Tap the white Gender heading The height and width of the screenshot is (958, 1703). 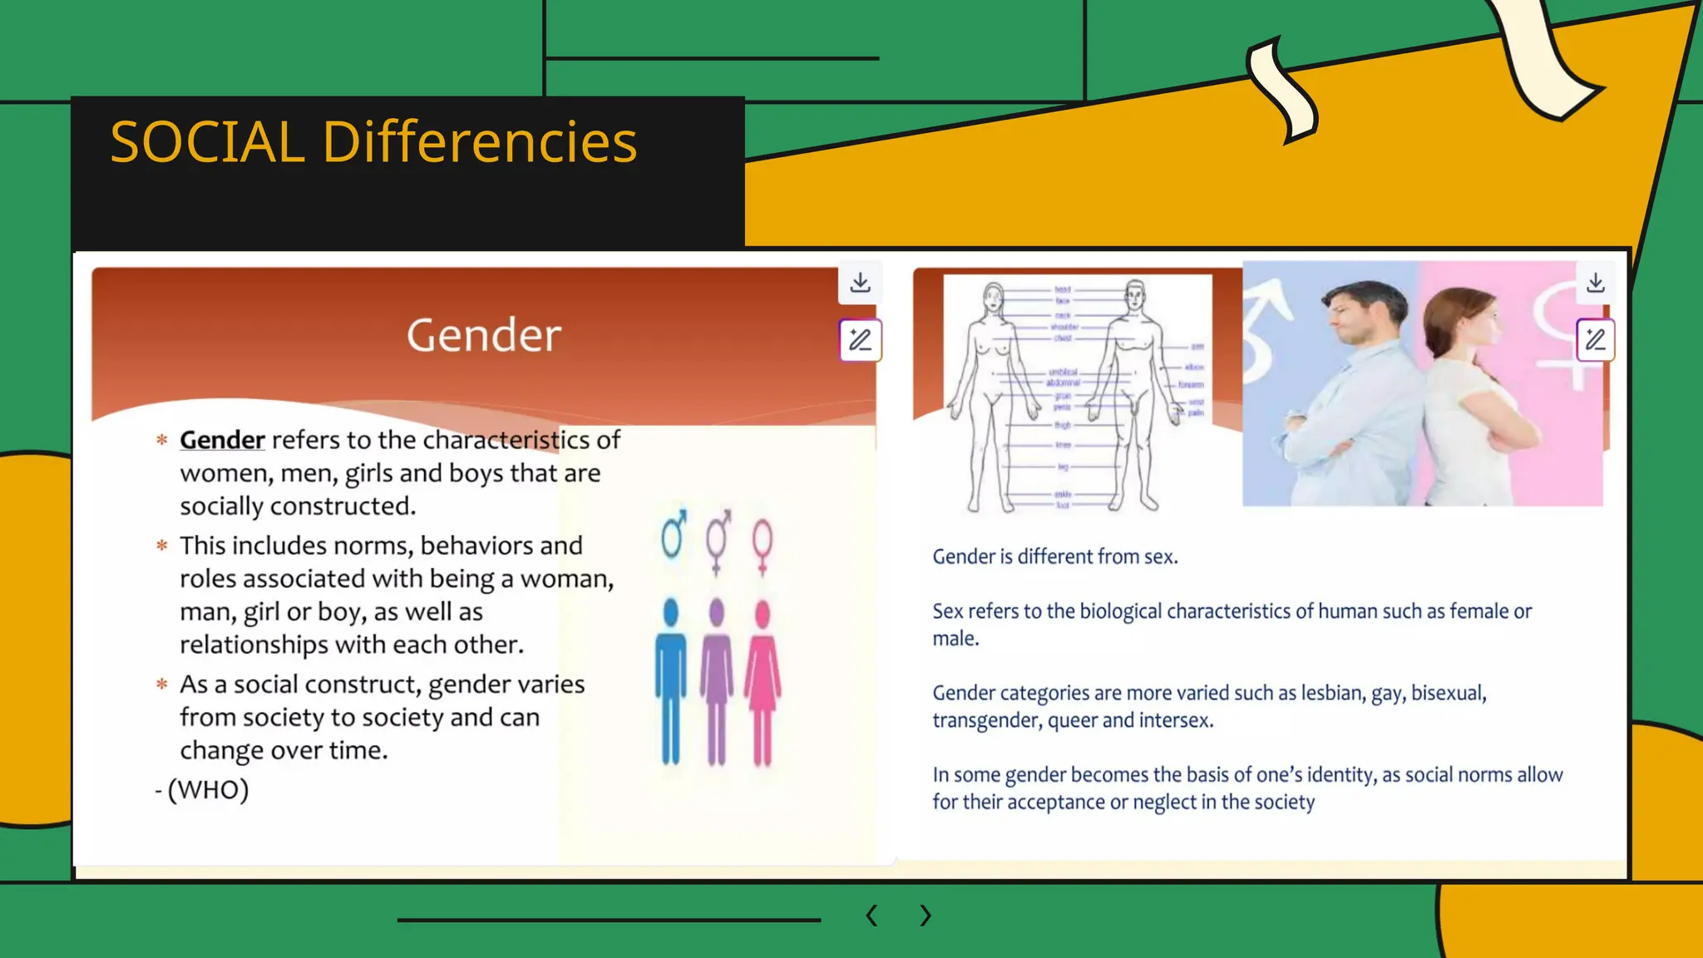[484, 335]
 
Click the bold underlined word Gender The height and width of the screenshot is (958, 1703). [222, 440]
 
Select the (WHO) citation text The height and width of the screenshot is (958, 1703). [208, 789]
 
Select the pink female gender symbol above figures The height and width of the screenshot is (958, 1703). [763, 545]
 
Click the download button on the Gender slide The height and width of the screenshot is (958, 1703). [861, 283]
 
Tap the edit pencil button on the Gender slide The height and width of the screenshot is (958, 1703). [861, 340]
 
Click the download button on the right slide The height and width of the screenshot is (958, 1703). [1596, 283]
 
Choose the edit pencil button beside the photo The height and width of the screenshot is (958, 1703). [1596, 340]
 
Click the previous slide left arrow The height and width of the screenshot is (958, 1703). [871, 916]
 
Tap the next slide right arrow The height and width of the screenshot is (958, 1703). [926, 916]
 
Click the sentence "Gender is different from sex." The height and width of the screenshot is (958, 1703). [1055, 556]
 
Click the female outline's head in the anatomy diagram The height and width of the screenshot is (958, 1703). [993, 297]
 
